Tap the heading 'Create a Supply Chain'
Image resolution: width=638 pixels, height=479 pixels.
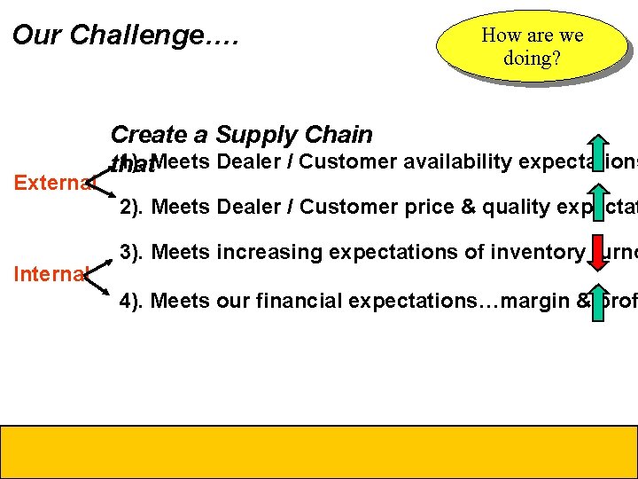[x=241, y=135]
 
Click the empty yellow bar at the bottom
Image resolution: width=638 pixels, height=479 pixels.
[x=319, y=452]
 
